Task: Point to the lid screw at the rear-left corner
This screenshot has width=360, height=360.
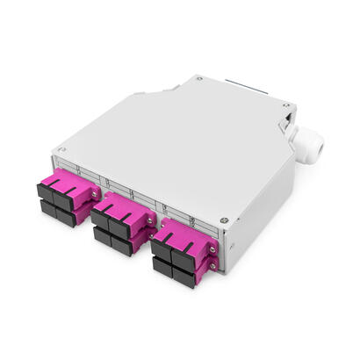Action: coord(200,78)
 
